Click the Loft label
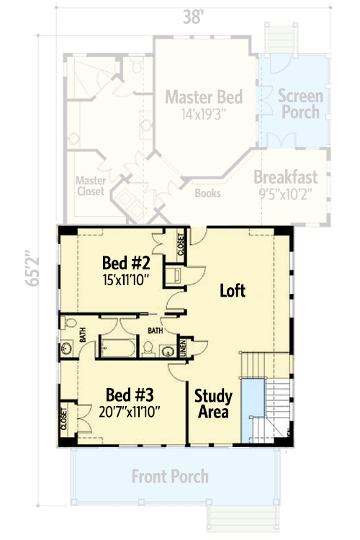coord(233,291)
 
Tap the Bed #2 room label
coord(125,262)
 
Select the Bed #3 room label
coord(129,395)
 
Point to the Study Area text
coord(212,404)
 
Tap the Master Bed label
coord(203,96)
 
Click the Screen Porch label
coord(300,104)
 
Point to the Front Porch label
coord(170,476)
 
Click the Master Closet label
coord(91,186)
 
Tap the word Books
coord(208,194)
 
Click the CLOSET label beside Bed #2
coord(181,245)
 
